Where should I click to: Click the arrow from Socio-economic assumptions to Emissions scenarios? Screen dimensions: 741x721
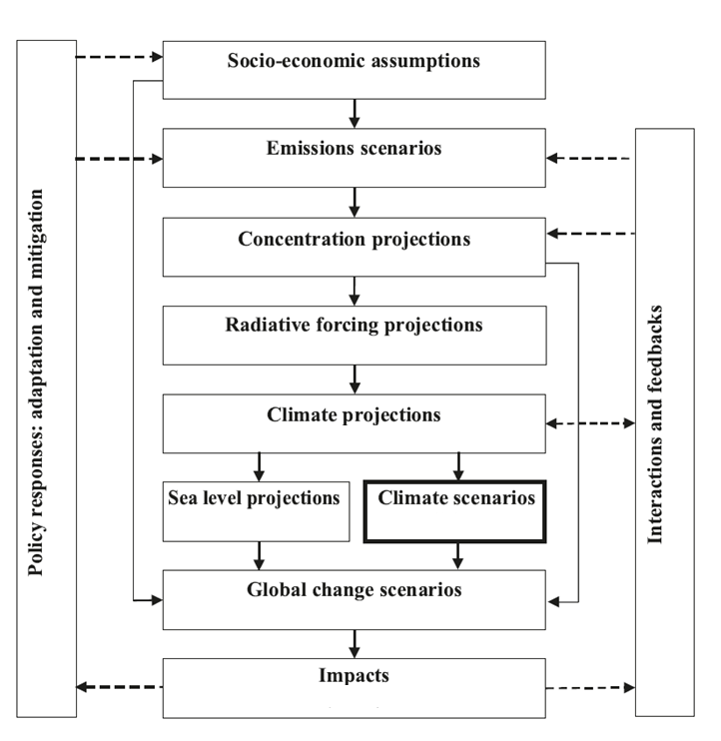355,113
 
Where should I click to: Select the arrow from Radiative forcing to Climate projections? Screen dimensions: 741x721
355,378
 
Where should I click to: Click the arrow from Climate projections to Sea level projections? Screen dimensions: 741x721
259,466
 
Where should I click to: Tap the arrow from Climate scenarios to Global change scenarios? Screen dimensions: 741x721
458,555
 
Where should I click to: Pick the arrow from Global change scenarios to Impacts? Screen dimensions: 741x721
355,643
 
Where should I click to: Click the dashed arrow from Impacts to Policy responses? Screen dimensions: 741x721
120,686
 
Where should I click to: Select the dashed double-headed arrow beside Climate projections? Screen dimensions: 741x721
590,422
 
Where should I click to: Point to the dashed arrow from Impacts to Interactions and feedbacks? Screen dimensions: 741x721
590,687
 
